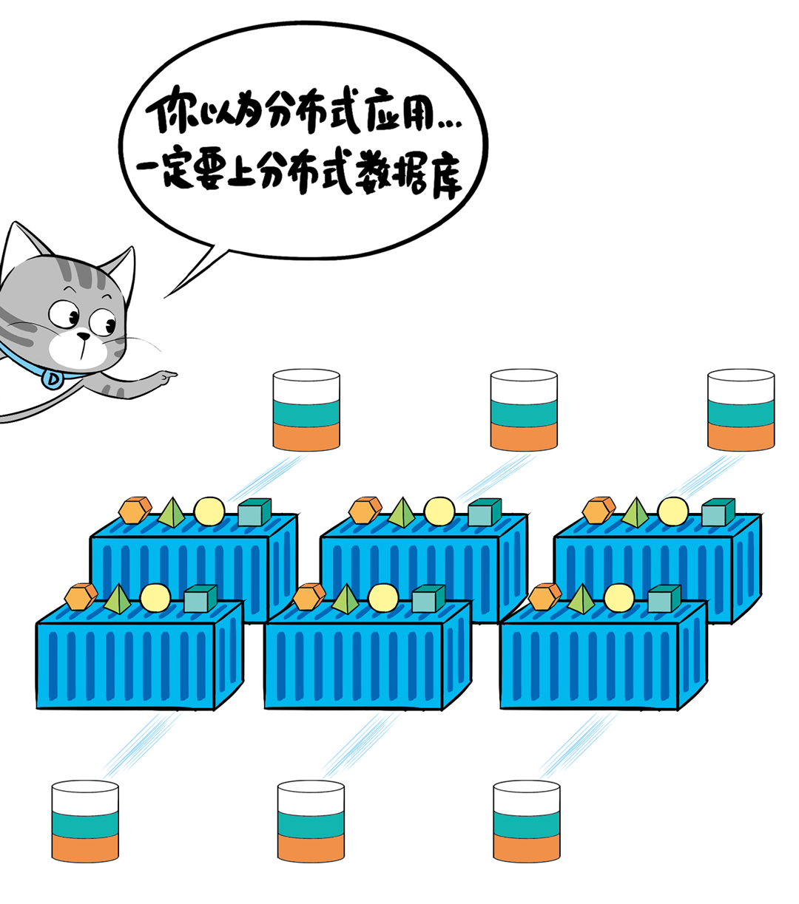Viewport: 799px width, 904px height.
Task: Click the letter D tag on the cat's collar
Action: coord(53,379)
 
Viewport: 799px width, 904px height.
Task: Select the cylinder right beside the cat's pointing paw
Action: coord(306,410)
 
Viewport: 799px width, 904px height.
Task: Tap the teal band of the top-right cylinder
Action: coord(741,411)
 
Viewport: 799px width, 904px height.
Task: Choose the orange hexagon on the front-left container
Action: coord(81,596)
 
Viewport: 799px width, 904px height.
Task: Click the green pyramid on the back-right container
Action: coord(635,512)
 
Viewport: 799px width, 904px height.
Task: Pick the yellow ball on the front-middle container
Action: coord(383,597)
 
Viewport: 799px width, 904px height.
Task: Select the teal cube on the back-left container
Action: coord(254,512)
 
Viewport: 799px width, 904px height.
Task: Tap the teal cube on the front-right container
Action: coord(664,598)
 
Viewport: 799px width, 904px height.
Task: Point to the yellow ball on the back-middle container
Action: coord(440,511)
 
